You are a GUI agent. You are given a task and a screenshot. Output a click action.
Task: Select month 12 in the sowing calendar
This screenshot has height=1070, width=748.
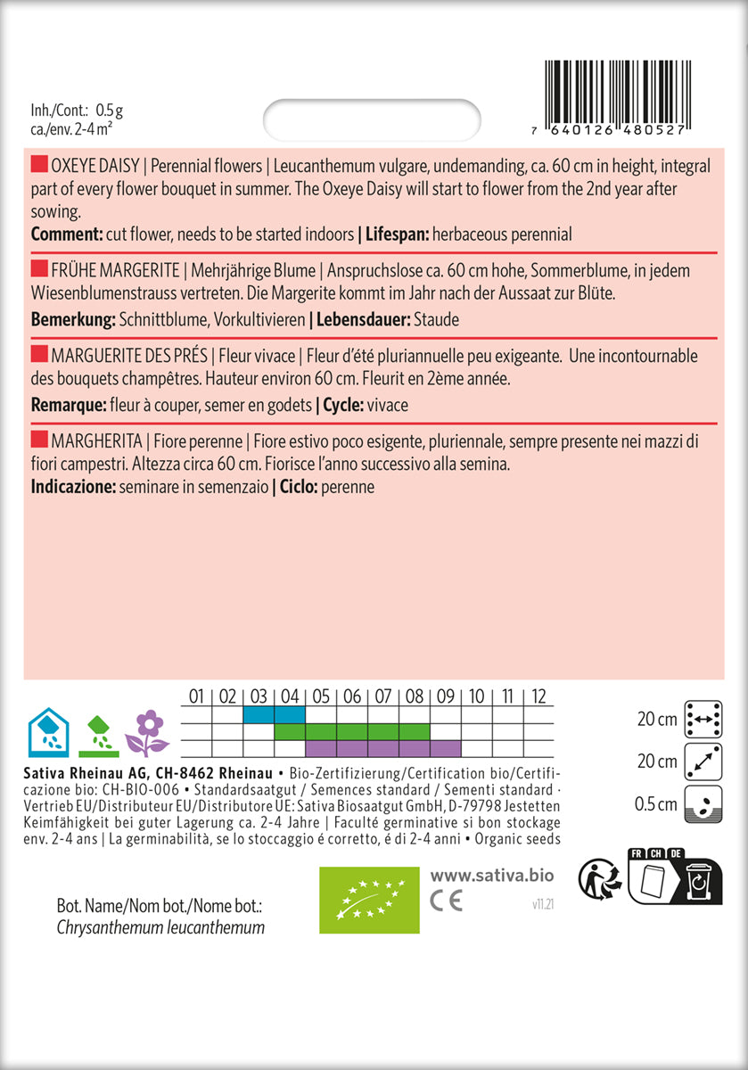coord(538,696)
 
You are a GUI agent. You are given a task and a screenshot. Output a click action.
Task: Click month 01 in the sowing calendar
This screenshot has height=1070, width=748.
coord(197,696)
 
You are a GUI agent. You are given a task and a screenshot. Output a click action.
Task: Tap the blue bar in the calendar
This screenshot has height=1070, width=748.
coord(274,715)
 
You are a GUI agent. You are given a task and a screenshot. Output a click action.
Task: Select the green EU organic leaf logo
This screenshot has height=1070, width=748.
coord(368,900)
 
